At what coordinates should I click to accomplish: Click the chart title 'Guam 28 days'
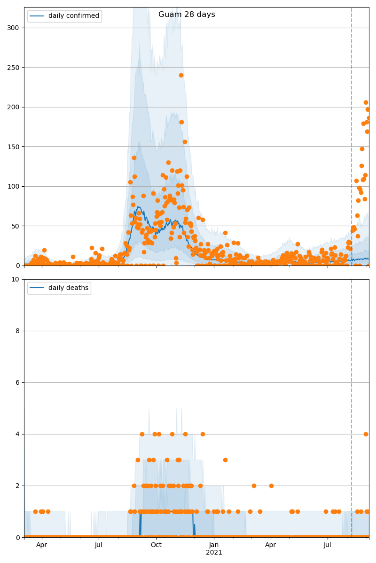pos(187,15)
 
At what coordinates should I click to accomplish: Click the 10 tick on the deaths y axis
pos(16,279)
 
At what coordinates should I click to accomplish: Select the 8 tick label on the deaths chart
pos(18,331)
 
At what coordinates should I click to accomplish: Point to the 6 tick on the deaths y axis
pos(18,382)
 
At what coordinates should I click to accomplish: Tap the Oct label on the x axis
pos(156,545)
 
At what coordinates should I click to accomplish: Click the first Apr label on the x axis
pos(42,545)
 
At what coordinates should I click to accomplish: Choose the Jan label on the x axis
pos(214,545)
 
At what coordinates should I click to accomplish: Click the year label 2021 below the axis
pos(214,553)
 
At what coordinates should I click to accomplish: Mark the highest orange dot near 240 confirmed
pos(181,75)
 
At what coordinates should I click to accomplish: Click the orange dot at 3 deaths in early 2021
pos(225,460)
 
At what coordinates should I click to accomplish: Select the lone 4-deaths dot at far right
pos(366,434)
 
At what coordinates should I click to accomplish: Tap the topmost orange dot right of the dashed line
pos(366,102)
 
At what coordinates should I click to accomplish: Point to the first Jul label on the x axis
pos(99,545)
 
